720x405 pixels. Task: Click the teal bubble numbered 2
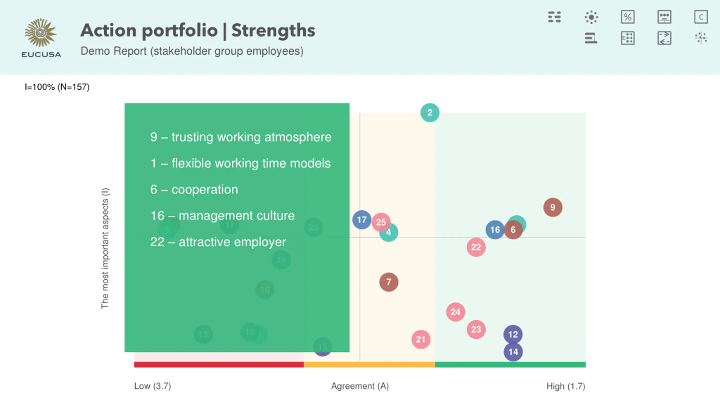430,113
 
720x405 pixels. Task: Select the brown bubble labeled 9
553,207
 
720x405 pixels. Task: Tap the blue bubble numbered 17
361,220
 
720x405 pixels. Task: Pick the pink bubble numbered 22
476,247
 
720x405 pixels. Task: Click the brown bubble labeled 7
389,282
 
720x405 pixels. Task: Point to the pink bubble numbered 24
455,312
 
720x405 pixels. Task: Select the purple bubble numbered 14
513,352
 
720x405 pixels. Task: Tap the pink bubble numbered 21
421,339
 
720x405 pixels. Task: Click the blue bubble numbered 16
494,230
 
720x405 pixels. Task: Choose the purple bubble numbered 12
513,334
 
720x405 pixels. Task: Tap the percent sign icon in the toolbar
628,17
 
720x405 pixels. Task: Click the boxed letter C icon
701,17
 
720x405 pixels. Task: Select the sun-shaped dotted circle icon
591,17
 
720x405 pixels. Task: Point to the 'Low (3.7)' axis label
152,386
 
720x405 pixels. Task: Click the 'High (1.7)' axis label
566,386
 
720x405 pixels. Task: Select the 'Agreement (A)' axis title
360,386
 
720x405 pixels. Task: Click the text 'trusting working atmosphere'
251,137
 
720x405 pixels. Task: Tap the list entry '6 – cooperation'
194,190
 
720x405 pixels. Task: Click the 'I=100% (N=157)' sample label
57,87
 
